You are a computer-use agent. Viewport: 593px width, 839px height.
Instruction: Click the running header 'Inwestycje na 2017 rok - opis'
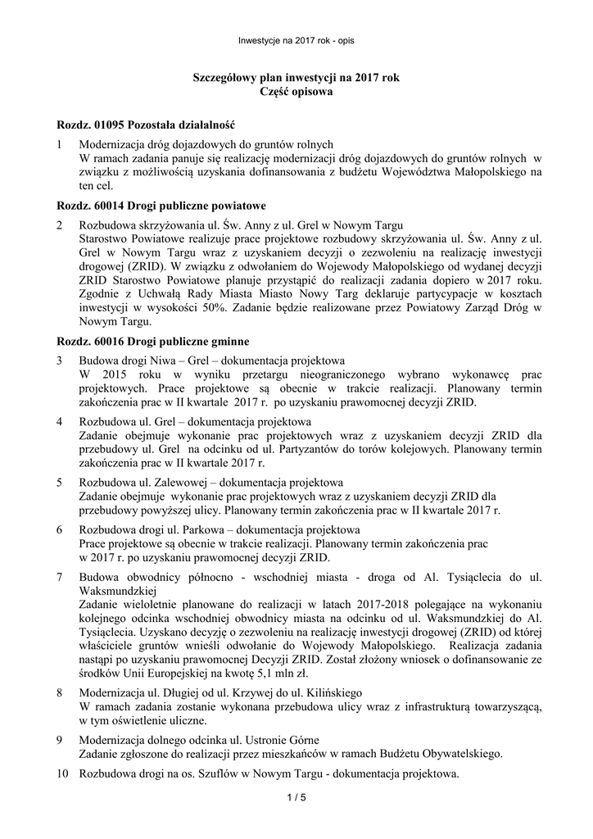pos(296,40)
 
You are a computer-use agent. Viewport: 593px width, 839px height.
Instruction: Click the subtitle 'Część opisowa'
pos(296,93)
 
